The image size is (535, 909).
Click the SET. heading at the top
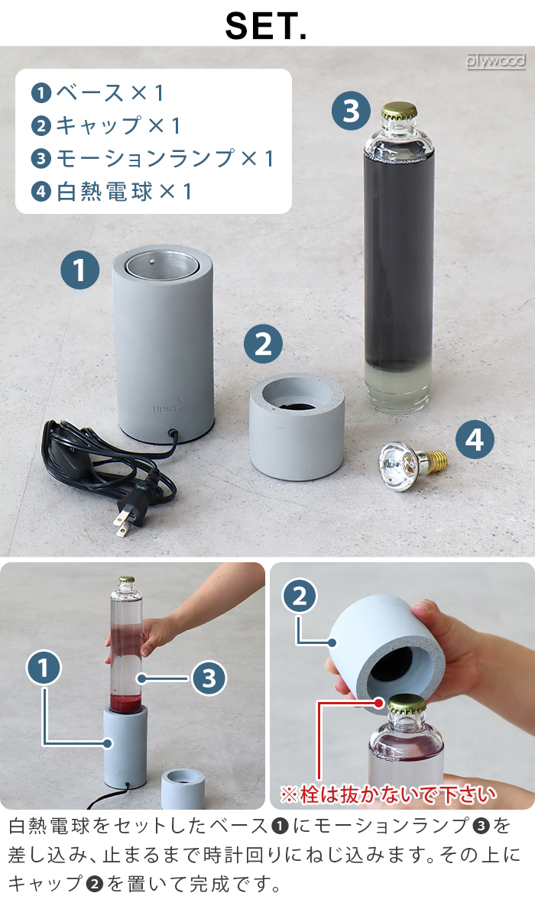tap(266, 26)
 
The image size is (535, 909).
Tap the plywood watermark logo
tap(495, 61)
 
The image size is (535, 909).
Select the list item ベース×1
tap(98, 92)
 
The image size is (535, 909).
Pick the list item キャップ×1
tap(105, 125)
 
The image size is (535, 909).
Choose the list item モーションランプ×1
tap(152, 158)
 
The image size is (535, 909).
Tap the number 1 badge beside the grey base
tap(79, 270)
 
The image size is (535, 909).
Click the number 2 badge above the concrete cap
tap(263, 344)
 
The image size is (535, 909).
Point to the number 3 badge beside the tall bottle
tap(351, 111)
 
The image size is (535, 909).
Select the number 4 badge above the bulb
tap(475, 439)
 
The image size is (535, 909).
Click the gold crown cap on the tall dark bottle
tap(399, 112)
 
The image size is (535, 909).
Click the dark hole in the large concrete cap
tap(297, 403)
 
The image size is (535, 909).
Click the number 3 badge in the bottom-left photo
tap(209, 678)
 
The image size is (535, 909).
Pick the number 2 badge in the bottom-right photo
tap(300, 597)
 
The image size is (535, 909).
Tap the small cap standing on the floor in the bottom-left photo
tap(182, 788)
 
